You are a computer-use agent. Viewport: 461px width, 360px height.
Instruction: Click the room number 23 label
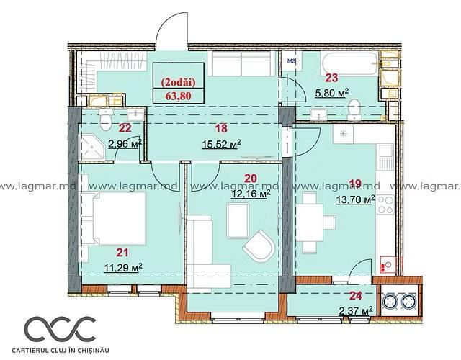pyautogui.click(x=331, y=78)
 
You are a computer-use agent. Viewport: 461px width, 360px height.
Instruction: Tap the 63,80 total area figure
pyautogui.click(x=178, y=96)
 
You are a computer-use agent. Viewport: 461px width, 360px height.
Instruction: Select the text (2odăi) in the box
pyautogui.click(x=178, y=83)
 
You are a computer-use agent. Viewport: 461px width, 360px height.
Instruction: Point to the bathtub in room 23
pyautogui.click(x=349, y=63)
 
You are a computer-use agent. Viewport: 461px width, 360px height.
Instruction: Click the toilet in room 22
pyautogui.click(x=106, y=120)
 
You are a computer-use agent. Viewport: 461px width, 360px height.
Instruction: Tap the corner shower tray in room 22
pyautogui.click(x=93, y=147)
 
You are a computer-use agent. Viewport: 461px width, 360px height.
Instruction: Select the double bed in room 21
pyautogui.click(x=114, y=218)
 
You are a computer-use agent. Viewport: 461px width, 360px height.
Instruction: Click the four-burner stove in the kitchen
pyautogui.click(x=385, y=204)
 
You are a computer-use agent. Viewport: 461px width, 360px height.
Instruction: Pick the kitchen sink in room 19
pyautogui.click(x=385, y=157)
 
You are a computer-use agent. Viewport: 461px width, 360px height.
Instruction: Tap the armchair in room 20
pyautogui.click(x=259, y=246)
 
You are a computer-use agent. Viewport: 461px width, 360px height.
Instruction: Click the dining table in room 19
pyautogui.click(x=310, y=222)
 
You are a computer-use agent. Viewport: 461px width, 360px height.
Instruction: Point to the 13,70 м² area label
pyautogui.click(x=355, y=200)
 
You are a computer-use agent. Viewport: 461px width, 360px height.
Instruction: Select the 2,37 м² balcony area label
pyautogui.click(x=355, y=310)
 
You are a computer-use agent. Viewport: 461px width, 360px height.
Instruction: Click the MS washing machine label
pyautogui.click(x=291, y=61)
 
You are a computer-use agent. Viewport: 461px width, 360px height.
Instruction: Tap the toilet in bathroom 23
pyautogui.click(x=354, y=110)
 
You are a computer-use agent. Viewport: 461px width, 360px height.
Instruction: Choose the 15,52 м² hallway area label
pyautogui.click(x=221, y=144)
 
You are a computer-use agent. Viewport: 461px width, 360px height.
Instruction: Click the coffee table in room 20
pyautogui.click(x=238, y=220)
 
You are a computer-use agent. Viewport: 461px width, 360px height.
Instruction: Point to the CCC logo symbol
pyautogui.click(x=60, y=328)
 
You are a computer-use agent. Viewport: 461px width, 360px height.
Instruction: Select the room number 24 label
pyautogui.click(x=355, y=296)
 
